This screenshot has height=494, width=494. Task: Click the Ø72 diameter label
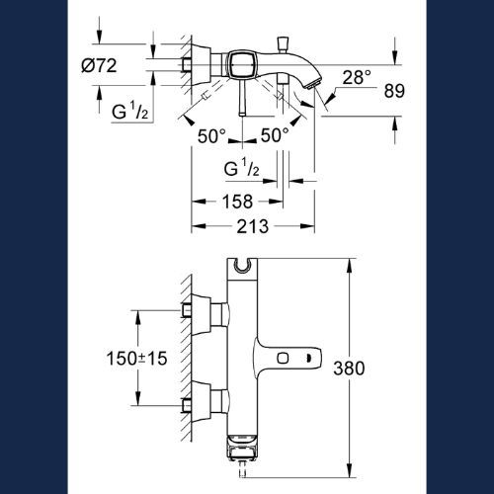[x=99, y=66]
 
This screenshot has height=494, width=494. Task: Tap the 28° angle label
[x=357, y=77]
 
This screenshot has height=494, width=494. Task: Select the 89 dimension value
[x=394, y=91]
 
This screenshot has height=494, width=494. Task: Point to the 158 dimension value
[x=237, y=202]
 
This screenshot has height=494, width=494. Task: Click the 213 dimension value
[x=253, y=226]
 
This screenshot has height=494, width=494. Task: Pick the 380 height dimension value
[x=349, y=368]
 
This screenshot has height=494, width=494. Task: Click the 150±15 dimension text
[x=136, y=358]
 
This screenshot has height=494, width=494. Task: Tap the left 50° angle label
[x=211, y=135]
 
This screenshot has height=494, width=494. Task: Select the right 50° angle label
[x=275, y=135]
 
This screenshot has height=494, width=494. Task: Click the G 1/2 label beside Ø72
[x=129, y=111]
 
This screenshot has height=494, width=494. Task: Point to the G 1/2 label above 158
[x=241, y=167]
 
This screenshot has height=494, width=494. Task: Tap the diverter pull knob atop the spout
[x=284, y=43]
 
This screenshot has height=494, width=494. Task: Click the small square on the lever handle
[x=283, y=358]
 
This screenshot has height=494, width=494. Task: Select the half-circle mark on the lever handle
[x=308, y=358]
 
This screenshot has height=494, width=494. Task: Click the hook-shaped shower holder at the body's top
[x=242, y=266]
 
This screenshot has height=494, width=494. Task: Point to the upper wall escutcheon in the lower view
[x=201, y=315]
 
